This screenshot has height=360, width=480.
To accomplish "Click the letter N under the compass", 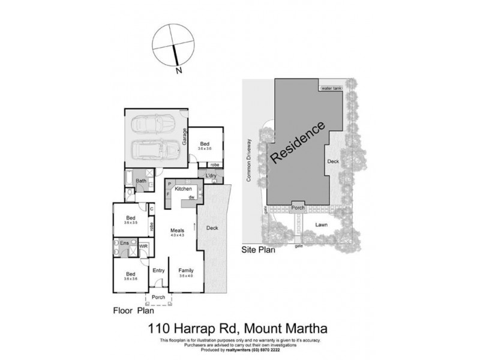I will tap(178, 71).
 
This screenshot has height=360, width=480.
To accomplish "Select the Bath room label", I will tap(141, 181).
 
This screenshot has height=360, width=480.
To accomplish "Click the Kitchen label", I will tap(183, 189).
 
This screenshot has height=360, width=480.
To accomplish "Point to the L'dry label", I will tap(211, 176).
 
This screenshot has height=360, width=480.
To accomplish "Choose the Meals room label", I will tap(176, 230).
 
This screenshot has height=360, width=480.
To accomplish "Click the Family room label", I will tap(185, 271).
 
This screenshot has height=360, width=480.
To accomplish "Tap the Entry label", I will tap(158, 271).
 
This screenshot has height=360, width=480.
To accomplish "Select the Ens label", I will tap(125, 243).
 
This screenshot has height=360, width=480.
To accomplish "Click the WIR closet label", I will tap(143, 246).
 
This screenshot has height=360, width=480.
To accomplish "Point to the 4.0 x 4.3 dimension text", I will tap(176, 236).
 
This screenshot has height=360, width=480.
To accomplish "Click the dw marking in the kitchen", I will tap(191, 197).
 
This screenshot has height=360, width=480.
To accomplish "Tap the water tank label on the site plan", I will tap(331, 89).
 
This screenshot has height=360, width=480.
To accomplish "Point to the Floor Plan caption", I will tap(134, 311).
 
